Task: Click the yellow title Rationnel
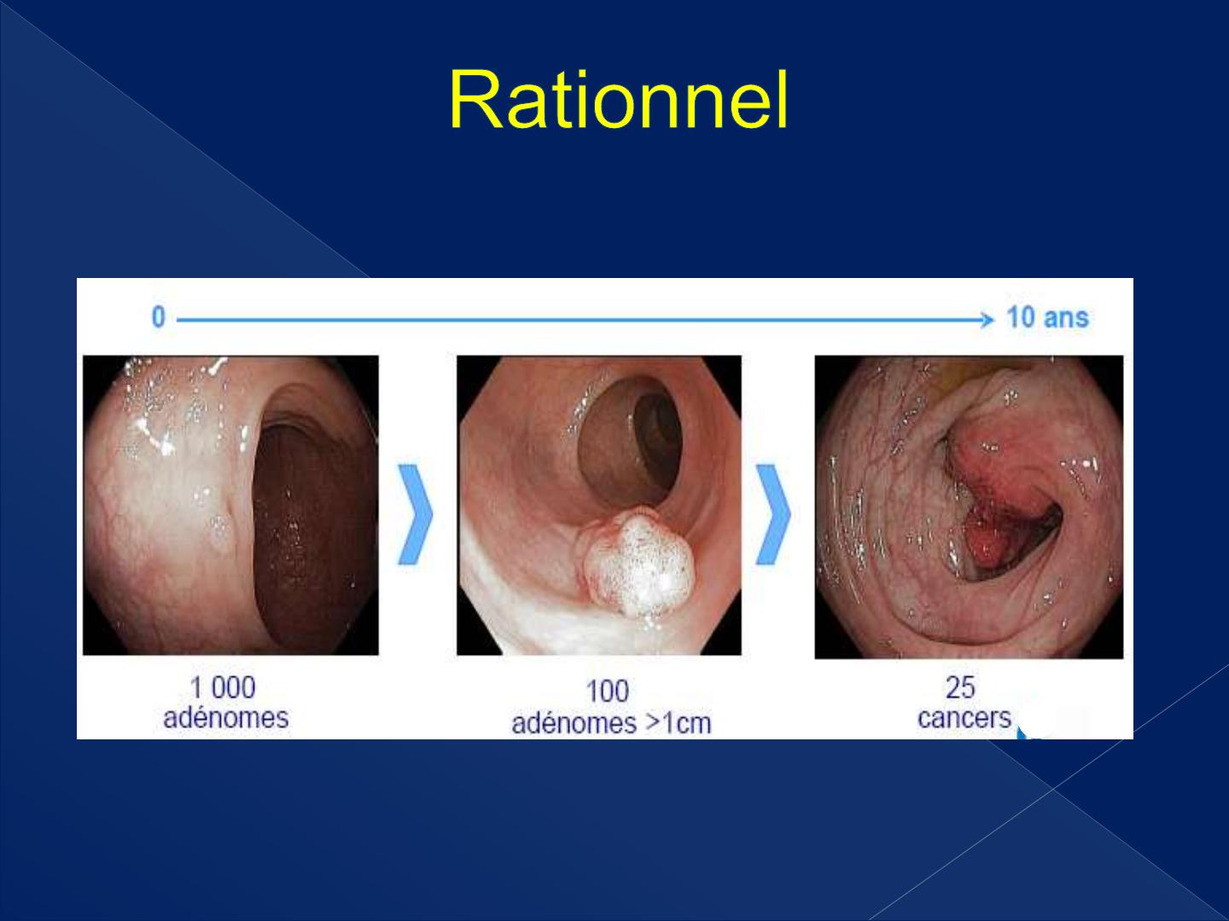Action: (x=618, y=101)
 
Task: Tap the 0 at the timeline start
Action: (x=159, y=317)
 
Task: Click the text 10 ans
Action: (x=1047, y=317)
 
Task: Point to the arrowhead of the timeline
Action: (x=987, y=320)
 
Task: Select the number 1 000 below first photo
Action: (x=223, y=688)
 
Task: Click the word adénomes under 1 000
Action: (x=225, y=718)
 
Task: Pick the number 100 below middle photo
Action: (x=608, y=691)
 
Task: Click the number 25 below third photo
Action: (x=960, y=687)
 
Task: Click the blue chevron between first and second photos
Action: (x=415, y=514)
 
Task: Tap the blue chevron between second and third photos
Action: (x=773, y=514)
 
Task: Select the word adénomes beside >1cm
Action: (x=574, y=723)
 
